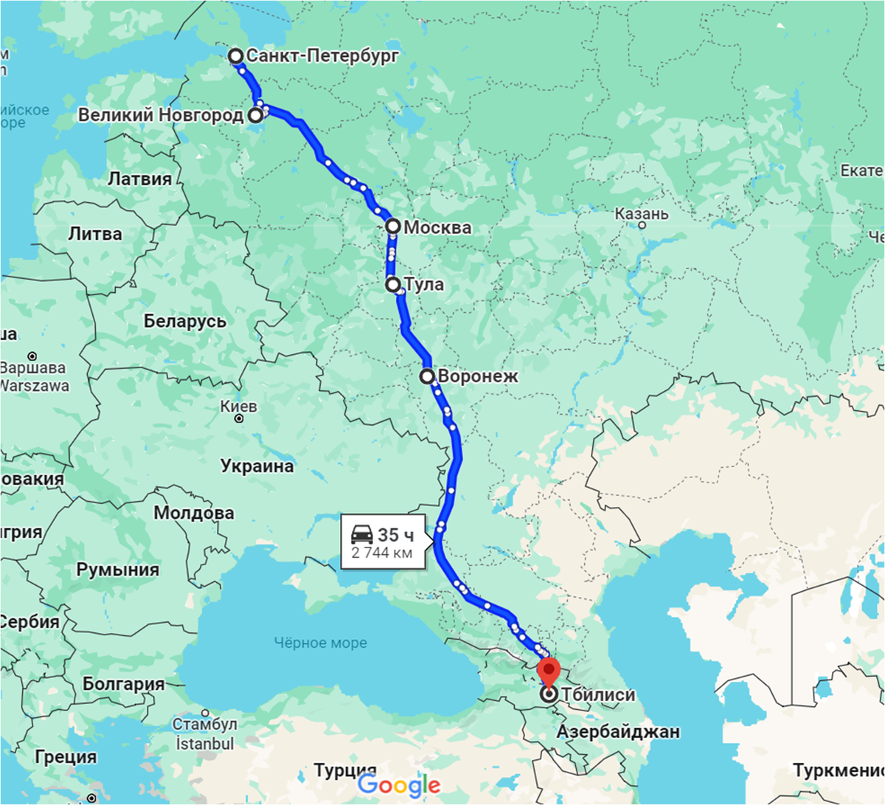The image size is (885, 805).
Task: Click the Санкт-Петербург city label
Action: (x=322, y=55)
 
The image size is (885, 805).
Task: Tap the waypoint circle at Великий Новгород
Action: (x=255, y=115)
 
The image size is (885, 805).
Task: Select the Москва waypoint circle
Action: (x=393, y=227)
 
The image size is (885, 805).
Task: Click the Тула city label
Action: (x=424, y=284)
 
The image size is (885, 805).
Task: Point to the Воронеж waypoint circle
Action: (x=427, y=376)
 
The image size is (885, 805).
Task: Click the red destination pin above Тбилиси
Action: (x=549, y=671)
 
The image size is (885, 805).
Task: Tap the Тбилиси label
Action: (x=598, y=694)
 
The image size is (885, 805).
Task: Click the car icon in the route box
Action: (x=362, y=534)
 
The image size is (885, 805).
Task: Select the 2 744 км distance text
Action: (x=382, y=553)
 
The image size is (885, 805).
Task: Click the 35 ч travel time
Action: (x=395, y=535)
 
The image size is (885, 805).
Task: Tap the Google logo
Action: (x=399, y=785)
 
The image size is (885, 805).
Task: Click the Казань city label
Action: (x=642, y=214)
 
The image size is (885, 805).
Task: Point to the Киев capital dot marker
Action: (x=239, y=418)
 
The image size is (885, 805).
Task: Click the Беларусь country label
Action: (x=185, y=321)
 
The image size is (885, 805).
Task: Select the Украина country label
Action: (x=257, y=466)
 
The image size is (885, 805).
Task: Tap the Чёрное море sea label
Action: (x=321, y=643)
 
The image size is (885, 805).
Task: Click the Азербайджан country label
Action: (x=618, y=731)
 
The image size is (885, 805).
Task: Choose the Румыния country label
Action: (x=118, y=570)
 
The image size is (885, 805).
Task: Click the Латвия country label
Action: (x=139, y=179)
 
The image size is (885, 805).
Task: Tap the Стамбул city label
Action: (x=204, y=724)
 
